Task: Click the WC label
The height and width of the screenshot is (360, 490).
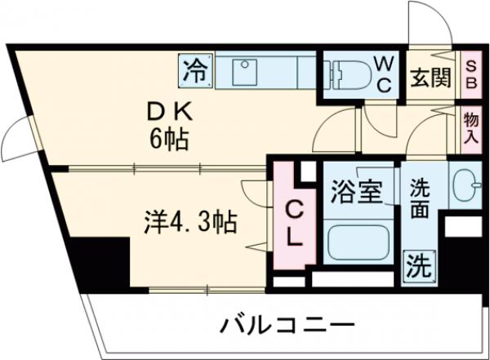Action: coord(383,73)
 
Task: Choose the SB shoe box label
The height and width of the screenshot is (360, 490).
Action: coord(472,73)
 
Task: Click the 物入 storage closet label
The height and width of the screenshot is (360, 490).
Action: coord(471,128)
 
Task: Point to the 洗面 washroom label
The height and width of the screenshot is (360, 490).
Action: coord(421,198)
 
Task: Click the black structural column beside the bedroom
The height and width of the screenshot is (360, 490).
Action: coord(99,260)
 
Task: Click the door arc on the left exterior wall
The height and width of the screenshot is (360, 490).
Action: coord(15,139)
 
